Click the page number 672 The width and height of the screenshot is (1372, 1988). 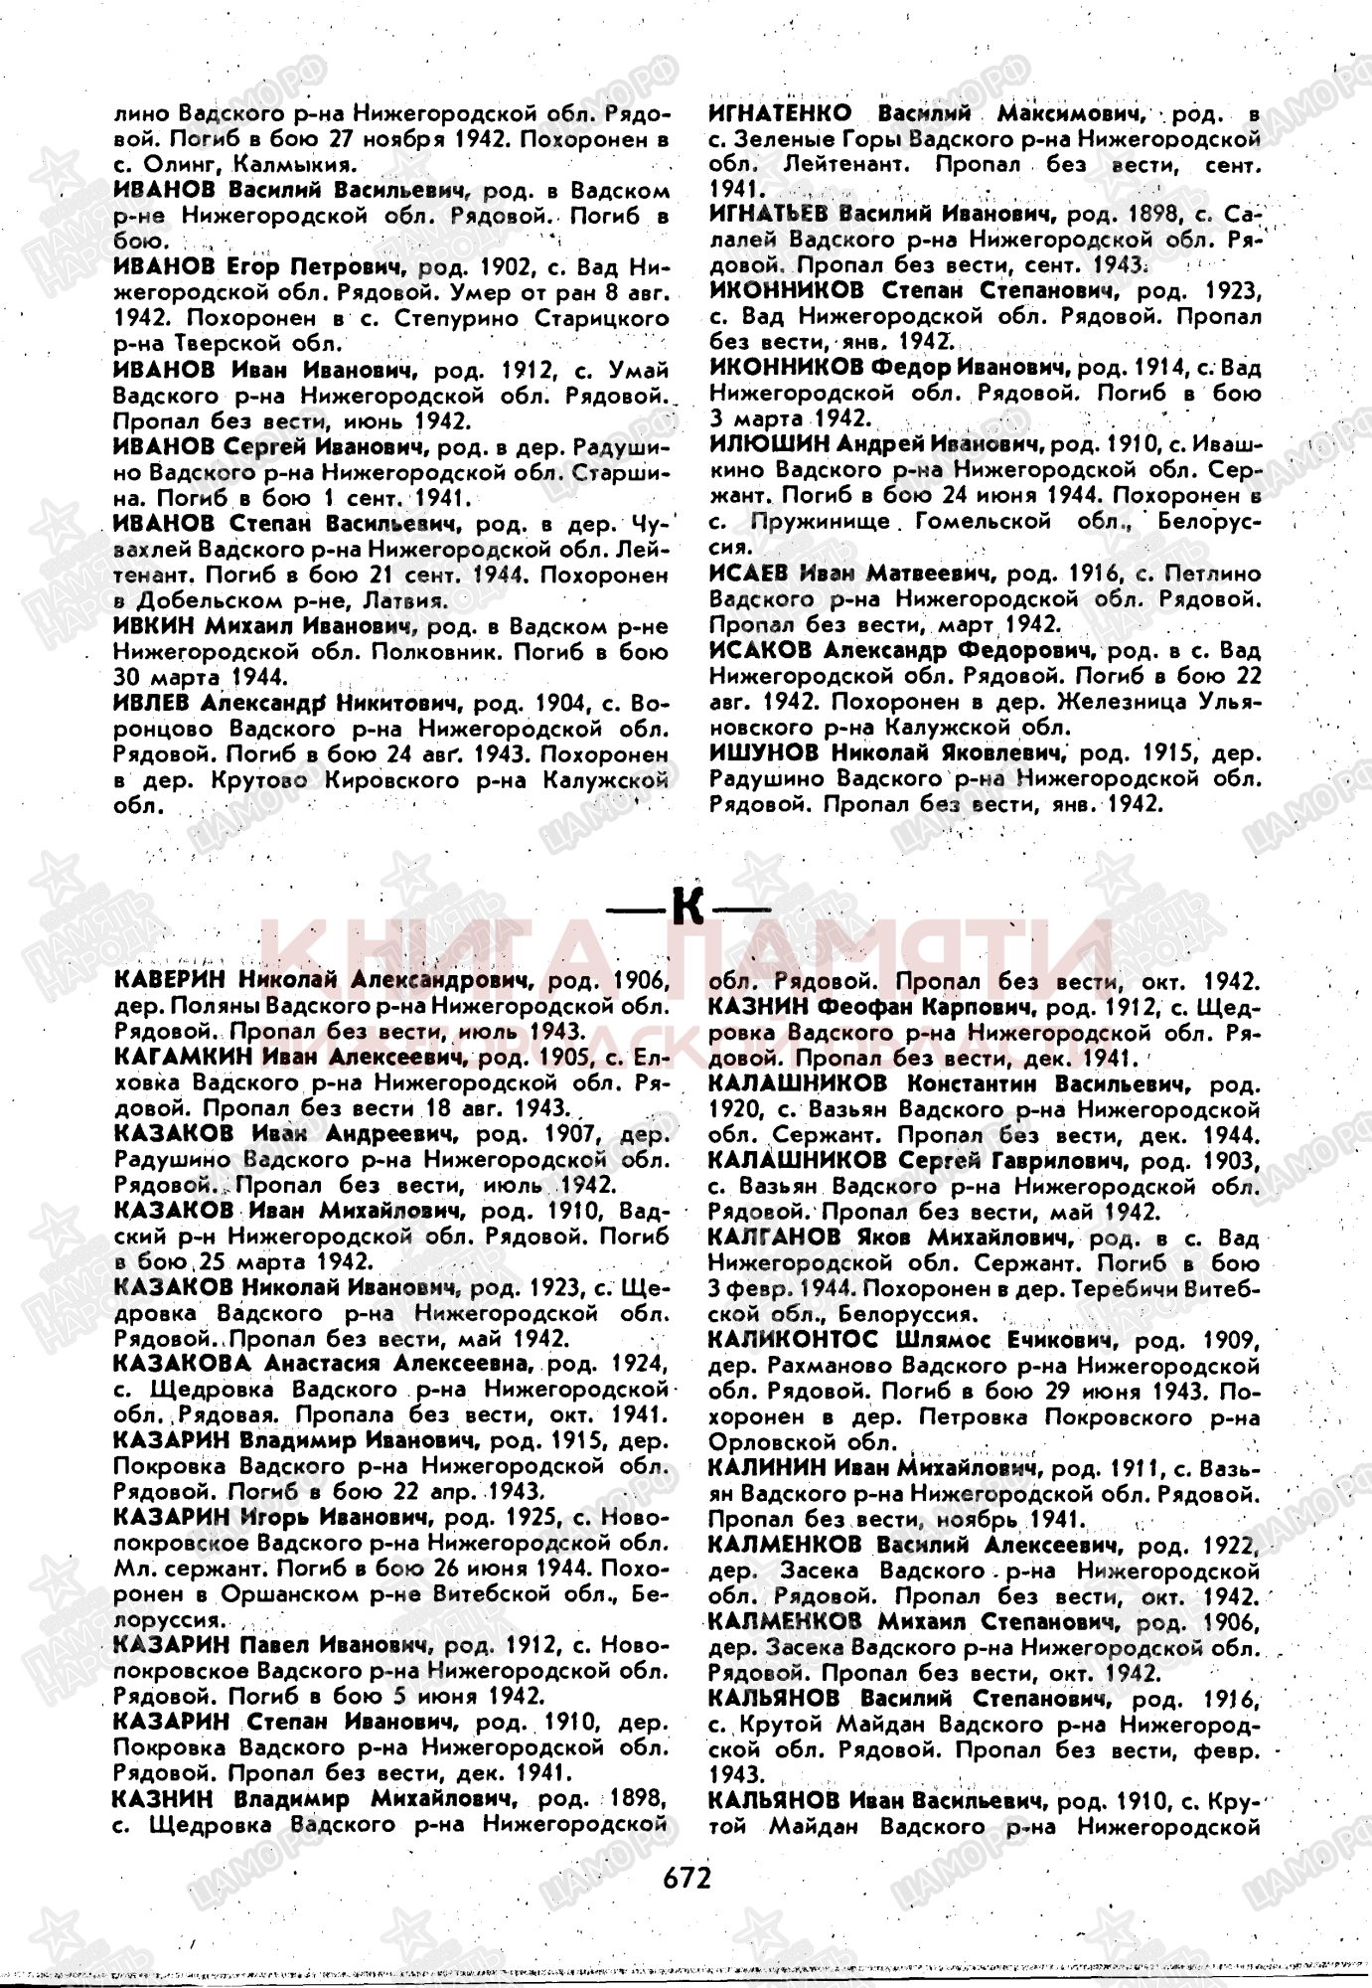(686, 1878)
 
